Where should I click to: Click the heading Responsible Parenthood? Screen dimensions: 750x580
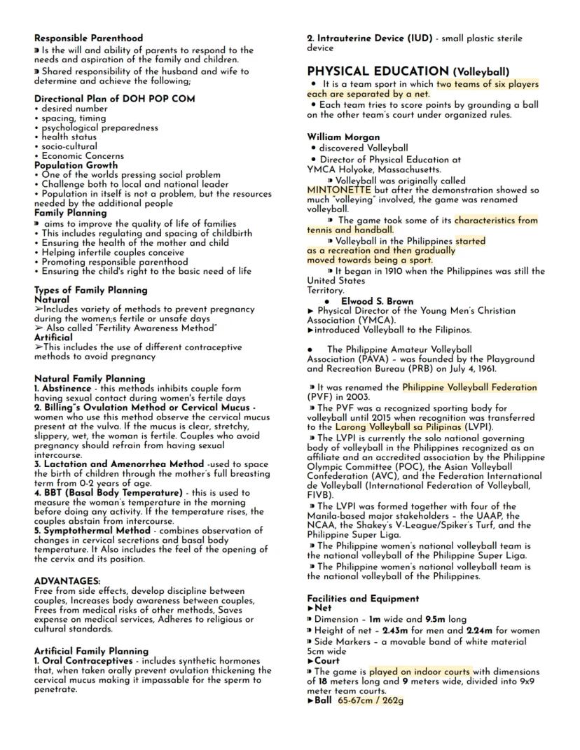[x=88, y=38]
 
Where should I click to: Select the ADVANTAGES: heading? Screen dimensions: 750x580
[x=67, y=581]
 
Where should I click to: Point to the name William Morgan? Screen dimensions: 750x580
[x=343, y=137]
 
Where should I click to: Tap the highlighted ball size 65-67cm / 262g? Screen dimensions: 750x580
[x=371, y=700]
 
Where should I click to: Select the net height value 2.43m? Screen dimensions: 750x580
[x=396, y=630]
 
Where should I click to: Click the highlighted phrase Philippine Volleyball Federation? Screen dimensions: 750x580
[x=469, y=387]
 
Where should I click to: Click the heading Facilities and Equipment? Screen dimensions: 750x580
[x=363, y=599]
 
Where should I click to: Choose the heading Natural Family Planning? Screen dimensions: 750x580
[x=90, y=379]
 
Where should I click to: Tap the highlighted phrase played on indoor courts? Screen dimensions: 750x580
[x=420, y=671]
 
